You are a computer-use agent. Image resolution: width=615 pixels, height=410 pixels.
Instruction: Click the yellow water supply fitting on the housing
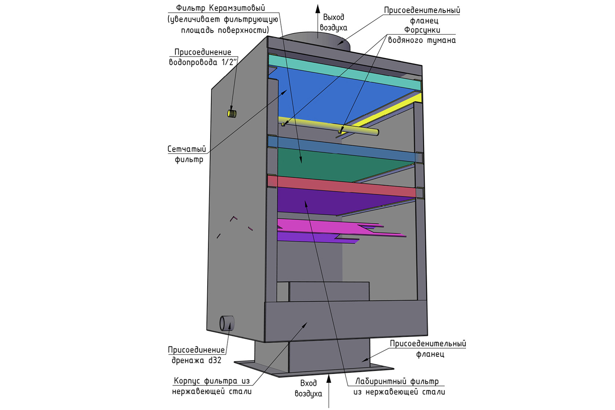tap(232, 113)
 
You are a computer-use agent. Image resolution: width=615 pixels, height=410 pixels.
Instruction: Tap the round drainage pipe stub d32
tap(227, 323)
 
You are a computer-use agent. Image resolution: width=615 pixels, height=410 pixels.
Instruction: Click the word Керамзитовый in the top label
tap(237, 8)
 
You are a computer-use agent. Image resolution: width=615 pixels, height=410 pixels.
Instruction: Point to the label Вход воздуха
tap(308, 388)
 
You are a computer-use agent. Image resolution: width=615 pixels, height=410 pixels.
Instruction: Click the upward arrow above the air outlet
tap(318, 21)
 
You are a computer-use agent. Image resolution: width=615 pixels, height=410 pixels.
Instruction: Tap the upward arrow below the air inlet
tap(329, 391)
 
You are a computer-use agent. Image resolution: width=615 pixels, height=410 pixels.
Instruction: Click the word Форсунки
tap(422, 30)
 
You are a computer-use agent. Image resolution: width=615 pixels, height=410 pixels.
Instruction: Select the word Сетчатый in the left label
tap(187, 149)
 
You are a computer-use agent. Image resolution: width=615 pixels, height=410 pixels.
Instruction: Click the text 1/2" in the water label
tap(229, 62)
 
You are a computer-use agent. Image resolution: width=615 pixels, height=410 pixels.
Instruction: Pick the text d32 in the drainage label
tap(215, 360)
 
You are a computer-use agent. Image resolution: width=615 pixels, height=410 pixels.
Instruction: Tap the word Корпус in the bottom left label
tap(187, 381)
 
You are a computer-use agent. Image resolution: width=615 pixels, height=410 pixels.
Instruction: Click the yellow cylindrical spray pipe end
tap(376, 133)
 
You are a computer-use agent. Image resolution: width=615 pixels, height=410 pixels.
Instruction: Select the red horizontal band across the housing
tap(342, 186)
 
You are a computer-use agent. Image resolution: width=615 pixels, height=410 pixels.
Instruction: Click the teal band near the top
tap(344, 72)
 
